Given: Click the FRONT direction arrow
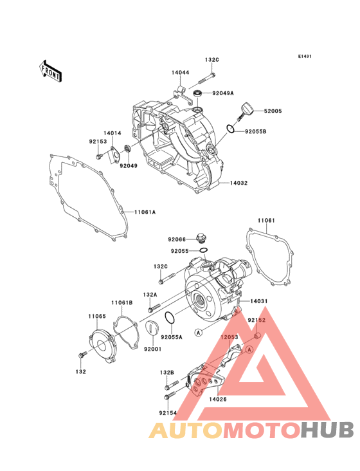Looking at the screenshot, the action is [50, 71].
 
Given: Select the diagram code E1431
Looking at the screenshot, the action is [305, 56].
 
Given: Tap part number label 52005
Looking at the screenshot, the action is [273, 111].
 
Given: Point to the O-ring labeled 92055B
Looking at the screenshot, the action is [230, 129].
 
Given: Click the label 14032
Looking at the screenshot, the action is [239, 183].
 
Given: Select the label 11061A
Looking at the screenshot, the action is [145, 212].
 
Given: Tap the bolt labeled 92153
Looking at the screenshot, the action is [99, 156].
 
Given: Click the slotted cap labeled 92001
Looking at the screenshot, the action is [151, 327].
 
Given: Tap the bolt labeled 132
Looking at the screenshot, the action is [82, 355].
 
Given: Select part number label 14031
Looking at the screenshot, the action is [259, 301].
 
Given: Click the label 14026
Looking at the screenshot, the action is [218, 399].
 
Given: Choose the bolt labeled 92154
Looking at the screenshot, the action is [170, 396].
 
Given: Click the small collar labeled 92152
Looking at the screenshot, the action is [257, 335].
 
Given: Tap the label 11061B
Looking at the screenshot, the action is [122, 303].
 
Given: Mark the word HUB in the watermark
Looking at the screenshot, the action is [328, 430].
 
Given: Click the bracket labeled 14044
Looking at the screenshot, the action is [181, 93].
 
